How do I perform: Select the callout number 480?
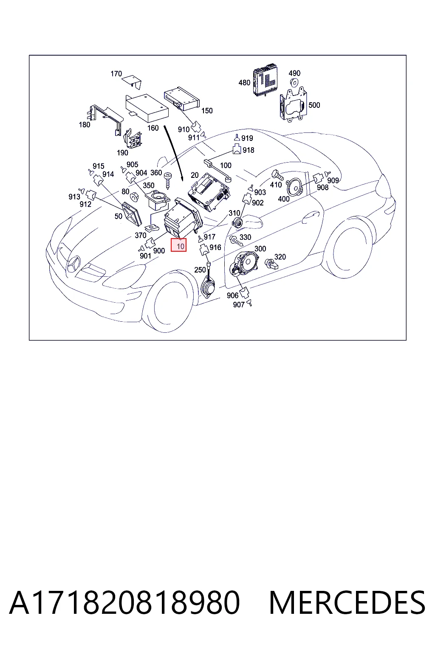pos(244,83)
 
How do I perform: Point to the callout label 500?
pos(314,105)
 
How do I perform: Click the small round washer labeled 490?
pos(294,83)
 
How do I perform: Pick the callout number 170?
pos(116,73)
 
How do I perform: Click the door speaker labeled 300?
pos(244,264)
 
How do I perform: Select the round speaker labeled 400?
pos(294,188)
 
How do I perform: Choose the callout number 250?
pos(200,270)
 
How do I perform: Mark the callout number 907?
pos(239,305)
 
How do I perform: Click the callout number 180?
pos(85,124)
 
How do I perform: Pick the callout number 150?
pos(207,111)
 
